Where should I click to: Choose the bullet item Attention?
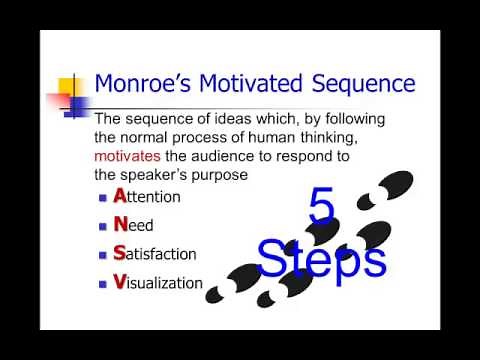[147, 197]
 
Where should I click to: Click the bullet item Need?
[134, 226]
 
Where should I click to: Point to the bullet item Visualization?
[158, 282]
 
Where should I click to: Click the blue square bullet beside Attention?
[103, 198]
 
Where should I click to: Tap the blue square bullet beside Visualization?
[103, 283]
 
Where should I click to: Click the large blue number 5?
[321, 209]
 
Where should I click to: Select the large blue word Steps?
[321, 258]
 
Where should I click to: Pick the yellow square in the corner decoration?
[70, 84]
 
